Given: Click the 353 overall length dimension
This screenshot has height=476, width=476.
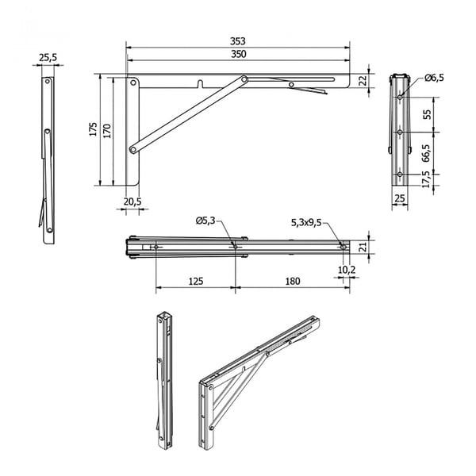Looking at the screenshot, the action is coord(238,41).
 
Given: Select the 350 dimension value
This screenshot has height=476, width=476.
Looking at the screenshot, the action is coord(239,54).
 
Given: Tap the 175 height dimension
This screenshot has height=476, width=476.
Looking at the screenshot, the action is coord(94,129).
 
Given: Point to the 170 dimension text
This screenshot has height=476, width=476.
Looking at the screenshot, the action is coord(107,131).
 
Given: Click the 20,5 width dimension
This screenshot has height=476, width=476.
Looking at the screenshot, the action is coord(132,202).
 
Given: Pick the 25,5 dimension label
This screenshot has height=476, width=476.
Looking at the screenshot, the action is coord(48,57).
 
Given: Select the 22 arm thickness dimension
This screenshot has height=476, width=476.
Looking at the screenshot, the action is coord(363,80).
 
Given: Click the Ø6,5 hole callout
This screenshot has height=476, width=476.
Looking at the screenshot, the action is coord(435,78).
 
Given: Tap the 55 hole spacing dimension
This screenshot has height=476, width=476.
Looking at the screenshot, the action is coord(427,114).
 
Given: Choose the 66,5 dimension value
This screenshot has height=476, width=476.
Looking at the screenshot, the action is coord(426,152).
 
